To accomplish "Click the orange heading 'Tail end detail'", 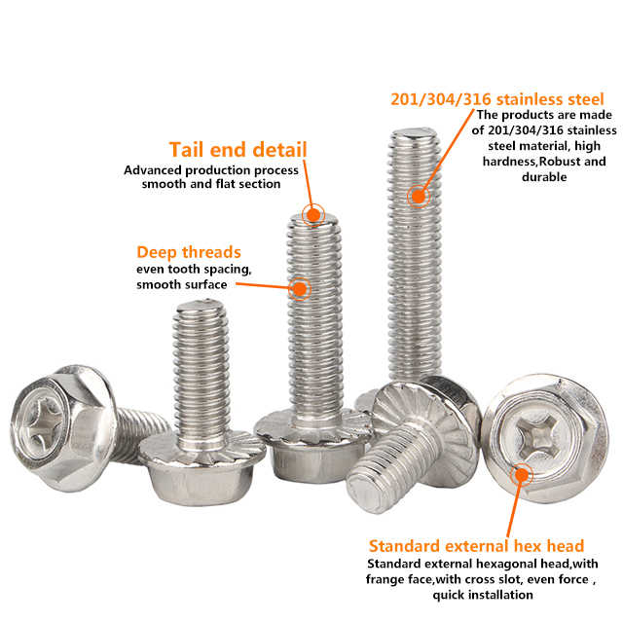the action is (x=238, y=149).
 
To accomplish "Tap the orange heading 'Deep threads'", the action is (x=189, y=253).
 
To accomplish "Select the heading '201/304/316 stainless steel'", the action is (x=497, y=99).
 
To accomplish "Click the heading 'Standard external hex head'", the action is (x=476, y=546).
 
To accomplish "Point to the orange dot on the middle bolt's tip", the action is (x=313, y=215).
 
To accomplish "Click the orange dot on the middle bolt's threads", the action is (x=300, y=288).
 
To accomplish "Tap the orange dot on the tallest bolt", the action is (x=418, y=196).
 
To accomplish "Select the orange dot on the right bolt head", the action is (x=522, y=475).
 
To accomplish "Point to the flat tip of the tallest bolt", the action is (x=416, y=133).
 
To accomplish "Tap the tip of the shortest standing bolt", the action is (x=202, y=306).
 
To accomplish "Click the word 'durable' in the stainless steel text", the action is (x=544, y=177).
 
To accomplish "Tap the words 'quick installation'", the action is (x=483, y=595).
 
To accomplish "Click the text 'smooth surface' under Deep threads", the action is (x=182, y=284).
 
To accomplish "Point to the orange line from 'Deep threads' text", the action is (x=264, y=285).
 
